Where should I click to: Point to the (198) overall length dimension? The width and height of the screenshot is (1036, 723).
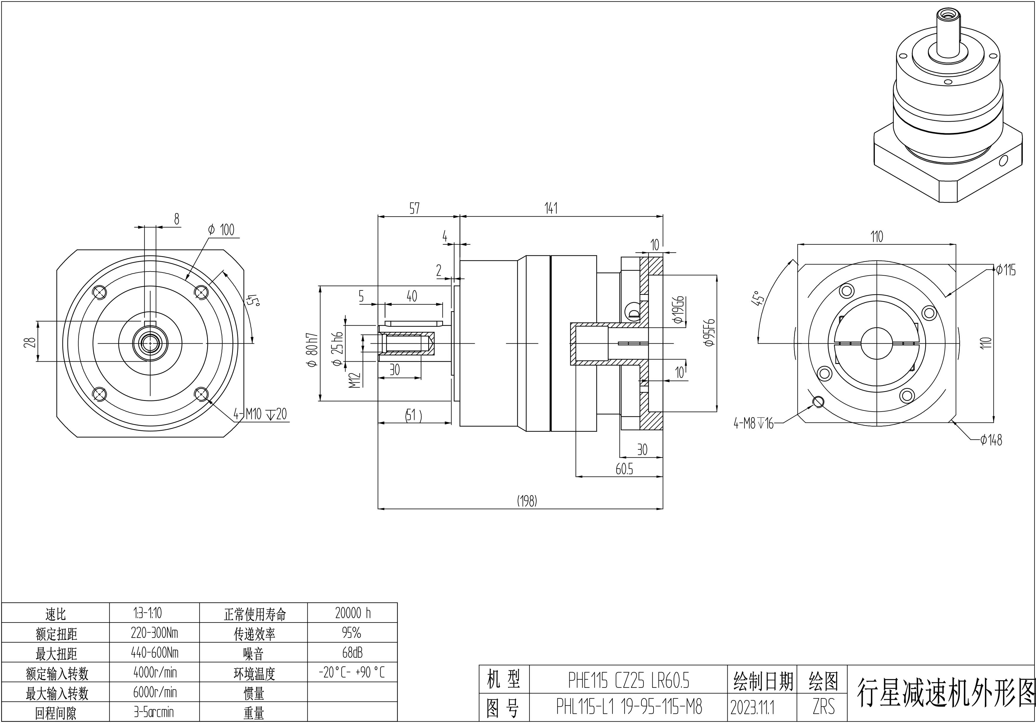point(527,501)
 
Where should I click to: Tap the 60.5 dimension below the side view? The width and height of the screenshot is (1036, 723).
point(624,469)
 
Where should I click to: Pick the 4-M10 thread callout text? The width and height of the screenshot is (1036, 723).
point(260,414)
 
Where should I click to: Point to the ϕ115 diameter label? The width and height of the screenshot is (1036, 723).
point(1006,270)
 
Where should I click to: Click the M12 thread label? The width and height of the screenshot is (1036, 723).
point(355,380)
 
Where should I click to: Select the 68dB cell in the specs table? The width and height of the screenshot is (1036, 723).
point(352,653)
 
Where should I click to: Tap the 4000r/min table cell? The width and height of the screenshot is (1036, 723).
point(154,672)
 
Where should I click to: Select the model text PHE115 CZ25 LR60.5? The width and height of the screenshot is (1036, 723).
point(628,681)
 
